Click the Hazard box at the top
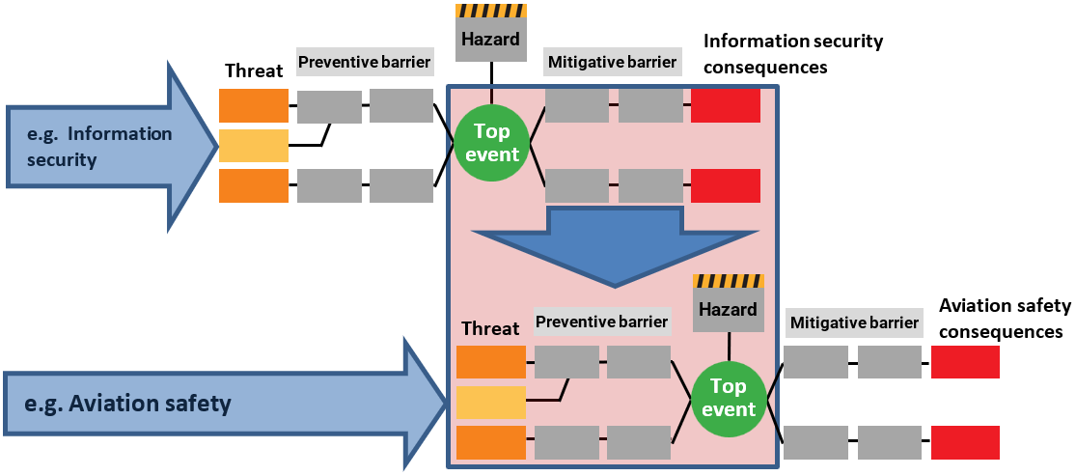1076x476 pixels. click(x=491, y=40)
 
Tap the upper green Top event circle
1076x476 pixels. click(x=491, y=143)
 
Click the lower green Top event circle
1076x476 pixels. click(x=729, y=398)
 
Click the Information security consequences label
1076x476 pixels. click(x=793, y=54)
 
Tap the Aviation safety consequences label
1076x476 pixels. click(x=1005, y=319)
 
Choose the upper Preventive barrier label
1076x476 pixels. click(x=364, y=63)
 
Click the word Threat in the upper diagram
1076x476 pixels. click(x=254, y=70)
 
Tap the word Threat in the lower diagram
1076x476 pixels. click(x=490, y=328)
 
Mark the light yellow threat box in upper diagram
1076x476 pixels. click(x=254, y=146)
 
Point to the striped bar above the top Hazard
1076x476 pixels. click(x=491, y=10)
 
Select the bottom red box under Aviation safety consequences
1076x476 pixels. click(x=965, y=442)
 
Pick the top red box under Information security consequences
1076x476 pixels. click(x=726, y=105)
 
